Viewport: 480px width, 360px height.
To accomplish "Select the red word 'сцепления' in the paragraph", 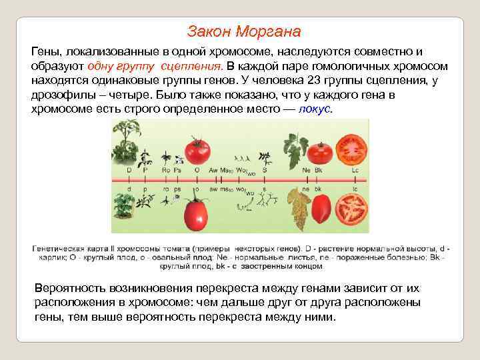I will pyautogui.click(x=191, y=67).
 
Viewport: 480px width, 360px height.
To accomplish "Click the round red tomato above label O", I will pyautogui.click(x=197, y=151).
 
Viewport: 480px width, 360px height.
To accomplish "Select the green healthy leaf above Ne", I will pyautogui.click(x=293, y=150).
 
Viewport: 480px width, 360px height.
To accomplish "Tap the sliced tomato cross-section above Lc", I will pyautogui.click(x=351, y=149).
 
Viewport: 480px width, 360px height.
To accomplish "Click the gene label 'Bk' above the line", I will pyautogui.click(x=319, y=171).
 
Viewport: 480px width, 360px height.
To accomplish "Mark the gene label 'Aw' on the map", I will pyautogui.click(x=213, y=171).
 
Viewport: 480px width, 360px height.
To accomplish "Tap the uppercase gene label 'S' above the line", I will pyautogui.click(x=265, y=171).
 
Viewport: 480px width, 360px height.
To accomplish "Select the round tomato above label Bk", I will pyautogui.click(x=321, y=153).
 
